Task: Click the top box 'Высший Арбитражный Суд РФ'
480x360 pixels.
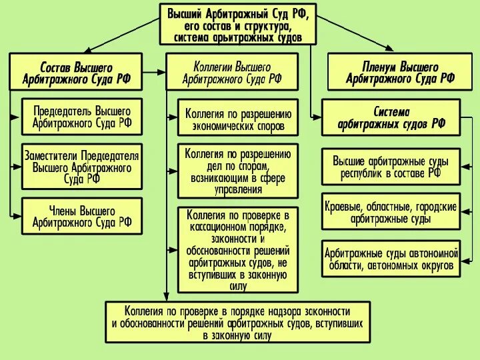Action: [x=238, y=23]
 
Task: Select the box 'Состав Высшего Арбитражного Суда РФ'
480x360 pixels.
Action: [x=75, y=73]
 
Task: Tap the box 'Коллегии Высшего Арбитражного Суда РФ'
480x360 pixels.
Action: [x=232, y=72]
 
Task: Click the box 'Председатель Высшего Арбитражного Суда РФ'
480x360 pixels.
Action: [x=82, y=116]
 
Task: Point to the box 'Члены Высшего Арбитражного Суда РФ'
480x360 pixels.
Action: [x=82, y=216]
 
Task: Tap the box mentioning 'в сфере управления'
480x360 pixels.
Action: [x=238, y=170]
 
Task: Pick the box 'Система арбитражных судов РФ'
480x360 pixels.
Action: [x=391, y=117]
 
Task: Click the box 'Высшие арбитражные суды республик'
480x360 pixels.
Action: [x=391, y=167]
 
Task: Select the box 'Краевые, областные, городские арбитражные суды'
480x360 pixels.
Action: [x=391, y=212]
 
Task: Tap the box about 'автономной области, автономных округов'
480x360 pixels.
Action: [x=391, y=259]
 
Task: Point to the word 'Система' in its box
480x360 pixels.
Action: [x=391, y=111]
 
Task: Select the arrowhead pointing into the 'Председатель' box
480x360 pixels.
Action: [x=18, y=116]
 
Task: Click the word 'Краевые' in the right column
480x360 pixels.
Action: [x=345, y=207]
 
